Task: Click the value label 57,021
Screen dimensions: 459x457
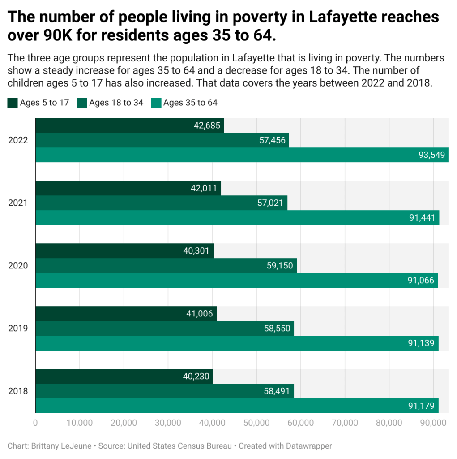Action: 271,203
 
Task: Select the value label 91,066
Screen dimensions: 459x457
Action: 421,281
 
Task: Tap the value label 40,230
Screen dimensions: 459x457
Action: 196,377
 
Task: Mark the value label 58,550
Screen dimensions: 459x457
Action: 278,329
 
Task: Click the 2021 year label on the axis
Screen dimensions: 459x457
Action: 18,203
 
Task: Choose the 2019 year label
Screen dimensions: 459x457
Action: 18,329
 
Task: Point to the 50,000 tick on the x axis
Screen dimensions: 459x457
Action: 256,423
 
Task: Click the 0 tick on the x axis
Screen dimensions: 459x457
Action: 35,423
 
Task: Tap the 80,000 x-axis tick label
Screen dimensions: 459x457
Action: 389,423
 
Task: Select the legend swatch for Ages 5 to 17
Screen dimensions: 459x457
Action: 13,103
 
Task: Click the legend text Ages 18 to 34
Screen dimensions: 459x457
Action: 116,103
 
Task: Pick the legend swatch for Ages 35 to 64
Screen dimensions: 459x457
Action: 156,103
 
